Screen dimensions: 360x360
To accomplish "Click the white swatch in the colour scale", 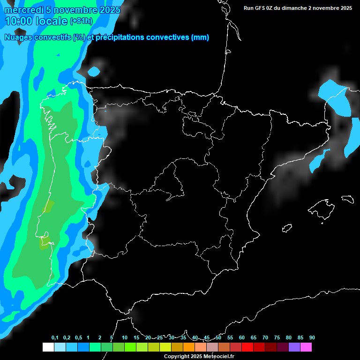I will pos(48,347).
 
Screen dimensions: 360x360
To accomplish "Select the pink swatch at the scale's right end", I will pos(306,347).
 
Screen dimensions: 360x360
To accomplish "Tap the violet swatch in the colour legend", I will pos(294,347).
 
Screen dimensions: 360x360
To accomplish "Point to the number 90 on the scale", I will pos(312,337).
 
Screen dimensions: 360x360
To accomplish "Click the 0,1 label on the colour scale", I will pos(55,337).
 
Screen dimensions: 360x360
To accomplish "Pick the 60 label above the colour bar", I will pos(242,337).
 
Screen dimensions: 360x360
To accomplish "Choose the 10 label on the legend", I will pos(125,337).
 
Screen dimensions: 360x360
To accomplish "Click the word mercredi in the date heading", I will pos(24,10).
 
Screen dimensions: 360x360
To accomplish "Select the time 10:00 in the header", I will pos(18,21).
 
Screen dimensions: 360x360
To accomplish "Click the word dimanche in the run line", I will pos(296,8).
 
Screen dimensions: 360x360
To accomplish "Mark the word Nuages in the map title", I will pos(19,37).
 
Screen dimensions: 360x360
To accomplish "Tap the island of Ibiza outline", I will pos(287,228).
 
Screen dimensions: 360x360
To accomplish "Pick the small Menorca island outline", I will pos(347,198).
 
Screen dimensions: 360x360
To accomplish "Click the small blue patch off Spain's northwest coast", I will pos(94,71).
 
